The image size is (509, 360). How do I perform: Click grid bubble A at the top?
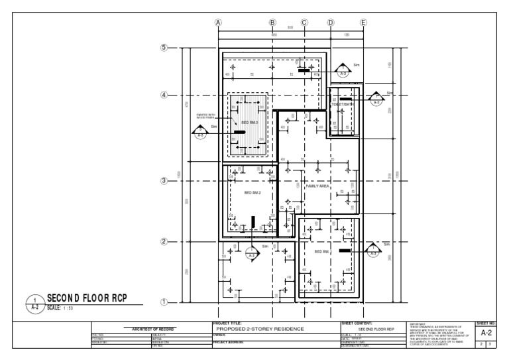(x=217, y=22)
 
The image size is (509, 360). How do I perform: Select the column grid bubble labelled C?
(x=304, y=22)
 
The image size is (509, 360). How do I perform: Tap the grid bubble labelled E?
(x=363, y=22)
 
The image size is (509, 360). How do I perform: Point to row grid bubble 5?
(x=164, y=48)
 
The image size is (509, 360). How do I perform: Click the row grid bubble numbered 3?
(x=164, y=180)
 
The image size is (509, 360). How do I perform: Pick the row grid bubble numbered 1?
(x=164, y=302)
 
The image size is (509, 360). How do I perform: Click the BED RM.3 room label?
(x=249, y=124)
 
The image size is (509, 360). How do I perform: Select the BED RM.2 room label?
(x=253, y=193)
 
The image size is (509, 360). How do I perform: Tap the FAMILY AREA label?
(x=317, y=186)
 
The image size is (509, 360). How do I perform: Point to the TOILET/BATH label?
(x=343, y=105)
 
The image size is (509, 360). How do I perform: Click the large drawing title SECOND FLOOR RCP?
(x=85, y=298)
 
